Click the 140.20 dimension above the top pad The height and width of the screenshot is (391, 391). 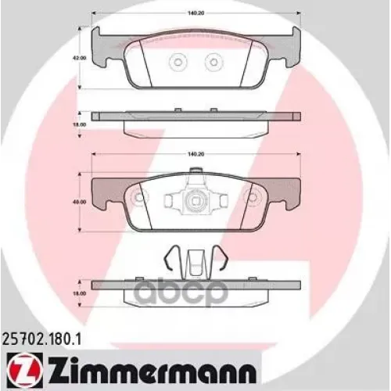point(196,13)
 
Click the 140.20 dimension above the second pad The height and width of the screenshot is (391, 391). point(196,155)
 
